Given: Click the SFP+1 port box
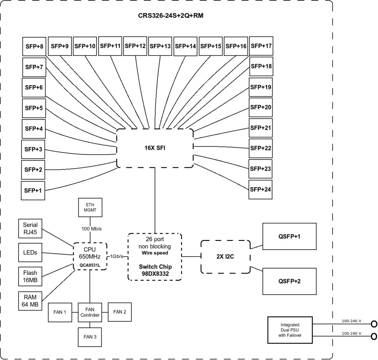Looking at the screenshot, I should point(33,190).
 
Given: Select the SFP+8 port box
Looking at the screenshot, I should point(34,47).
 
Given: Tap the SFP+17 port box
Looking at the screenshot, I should point(261,46).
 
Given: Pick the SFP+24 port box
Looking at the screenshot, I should point(260,189).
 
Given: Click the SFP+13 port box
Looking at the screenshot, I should point(160,46).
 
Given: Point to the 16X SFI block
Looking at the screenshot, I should point(155,148).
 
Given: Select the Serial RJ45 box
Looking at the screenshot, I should point(31,229).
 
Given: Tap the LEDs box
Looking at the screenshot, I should point(31,253).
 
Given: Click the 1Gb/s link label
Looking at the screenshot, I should point(117,256).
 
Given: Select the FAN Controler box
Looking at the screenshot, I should point(90,312).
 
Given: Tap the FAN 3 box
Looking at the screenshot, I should point(90,337).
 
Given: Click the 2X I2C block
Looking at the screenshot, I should point(225,257).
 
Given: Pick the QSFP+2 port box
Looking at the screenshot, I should point(289,281).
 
